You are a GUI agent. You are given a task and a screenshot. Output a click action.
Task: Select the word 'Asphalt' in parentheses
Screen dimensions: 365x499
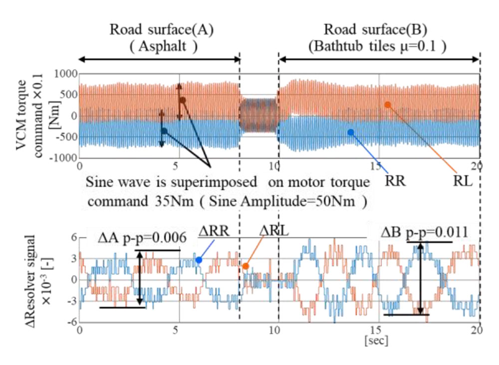tap(161, 47)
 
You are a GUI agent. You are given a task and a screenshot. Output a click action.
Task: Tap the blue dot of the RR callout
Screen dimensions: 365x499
tap(351, 132)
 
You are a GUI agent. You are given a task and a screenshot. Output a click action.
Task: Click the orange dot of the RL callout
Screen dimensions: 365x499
tap(387, 105)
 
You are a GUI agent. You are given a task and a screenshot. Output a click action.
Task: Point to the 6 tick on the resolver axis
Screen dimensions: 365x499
tap(72, 238)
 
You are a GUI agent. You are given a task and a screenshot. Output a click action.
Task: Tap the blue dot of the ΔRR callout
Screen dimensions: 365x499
tap(199, 260)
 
